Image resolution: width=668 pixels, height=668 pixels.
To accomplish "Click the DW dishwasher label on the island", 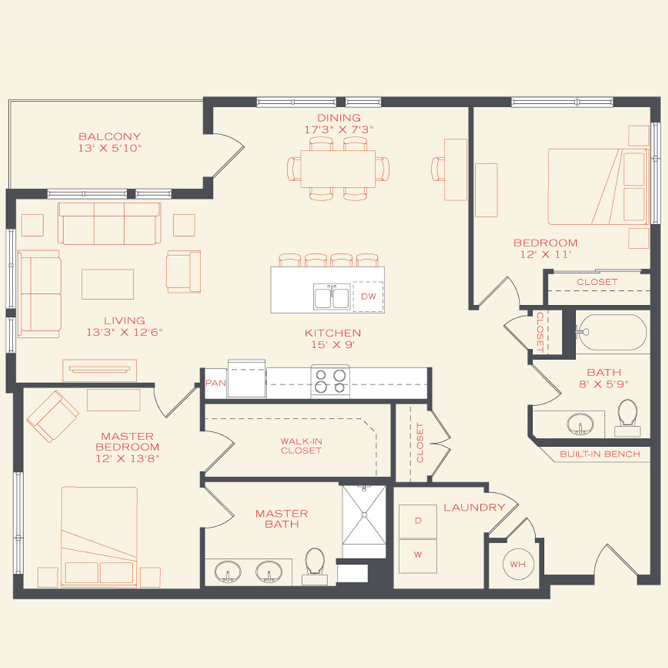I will point(368,297).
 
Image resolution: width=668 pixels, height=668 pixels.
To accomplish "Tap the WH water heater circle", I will point(517,565).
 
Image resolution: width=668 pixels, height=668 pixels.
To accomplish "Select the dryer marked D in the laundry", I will point(418,521).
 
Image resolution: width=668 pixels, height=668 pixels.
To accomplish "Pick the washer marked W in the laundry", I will point(418,554).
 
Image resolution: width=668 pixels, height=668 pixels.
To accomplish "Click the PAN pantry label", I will point(215,383).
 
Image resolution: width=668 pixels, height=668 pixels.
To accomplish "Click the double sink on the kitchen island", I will point(332,297).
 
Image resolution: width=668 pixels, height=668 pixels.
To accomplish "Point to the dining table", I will point(338,168).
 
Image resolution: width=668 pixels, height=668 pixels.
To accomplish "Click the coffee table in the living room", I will point(108,284).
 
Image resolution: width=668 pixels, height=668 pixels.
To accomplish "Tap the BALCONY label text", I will point(110,137).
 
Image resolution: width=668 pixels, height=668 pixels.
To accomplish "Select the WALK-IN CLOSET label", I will point(301,445).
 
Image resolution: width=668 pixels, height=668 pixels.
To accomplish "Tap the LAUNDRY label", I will point(474,508).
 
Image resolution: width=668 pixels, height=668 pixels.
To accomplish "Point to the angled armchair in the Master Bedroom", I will point(52,416).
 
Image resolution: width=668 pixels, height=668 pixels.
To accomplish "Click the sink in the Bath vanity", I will point(580,424).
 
